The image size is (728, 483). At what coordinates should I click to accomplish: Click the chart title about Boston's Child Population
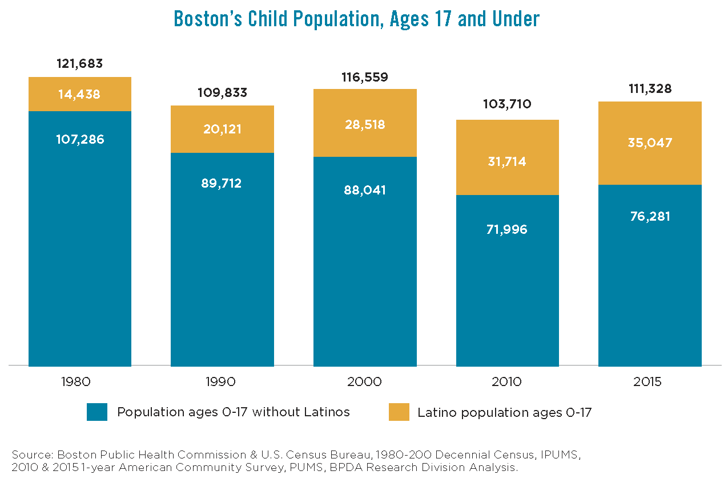356,19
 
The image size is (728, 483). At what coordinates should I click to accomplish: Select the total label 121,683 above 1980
80,63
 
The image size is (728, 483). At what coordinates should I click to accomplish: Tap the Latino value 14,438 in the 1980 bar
80,95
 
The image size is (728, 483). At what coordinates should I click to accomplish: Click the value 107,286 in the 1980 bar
80,139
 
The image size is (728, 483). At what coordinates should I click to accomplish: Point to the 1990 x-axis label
222,382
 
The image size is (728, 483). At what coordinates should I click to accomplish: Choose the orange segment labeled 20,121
222,129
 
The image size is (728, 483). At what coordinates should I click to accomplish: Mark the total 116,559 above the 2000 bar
365,77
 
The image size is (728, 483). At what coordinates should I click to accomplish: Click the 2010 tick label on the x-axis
506,382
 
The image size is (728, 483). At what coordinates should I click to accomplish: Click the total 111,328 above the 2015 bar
649,89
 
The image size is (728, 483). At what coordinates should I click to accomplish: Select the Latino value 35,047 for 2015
649,143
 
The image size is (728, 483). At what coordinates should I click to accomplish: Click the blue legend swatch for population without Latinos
97,412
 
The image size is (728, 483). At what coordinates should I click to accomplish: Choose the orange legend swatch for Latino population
399,412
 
